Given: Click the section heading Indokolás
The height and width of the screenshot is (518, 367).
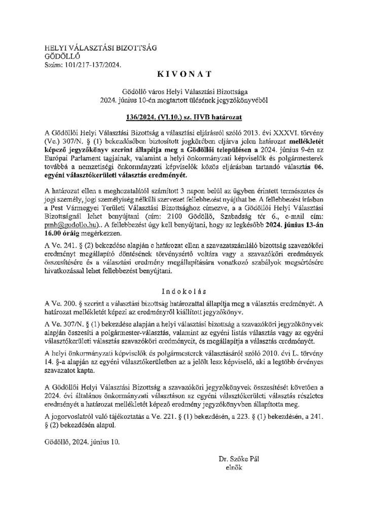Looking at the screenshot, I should tap(183, 292).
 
